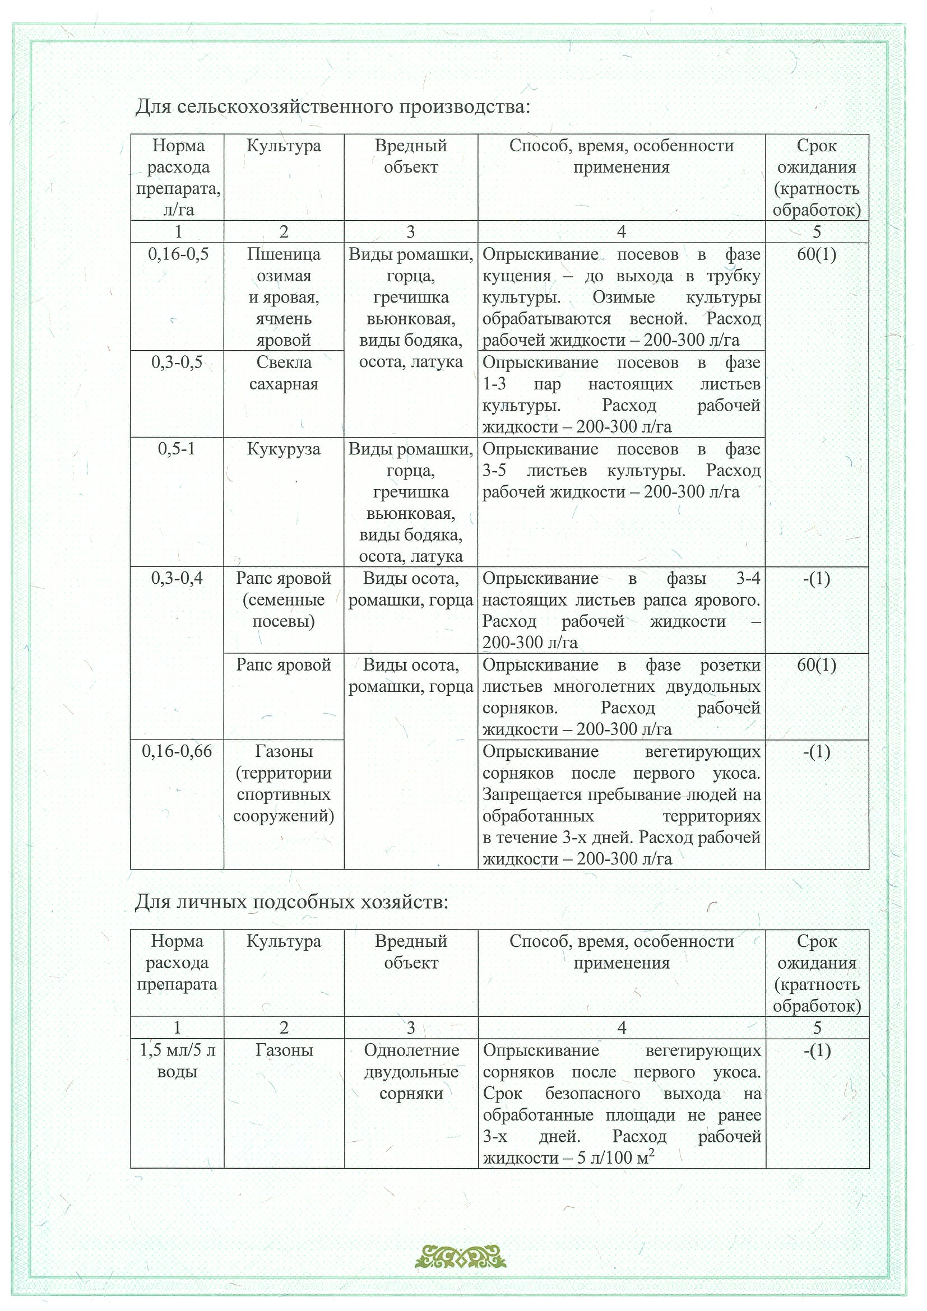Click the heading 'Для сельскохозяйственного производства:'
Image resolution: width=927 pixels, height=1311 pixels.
332,107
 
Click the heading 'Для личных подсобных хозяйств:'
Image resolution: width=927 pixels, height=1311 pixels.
291,901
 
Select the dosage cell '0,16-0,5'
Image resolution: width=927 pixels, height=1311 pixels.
178,254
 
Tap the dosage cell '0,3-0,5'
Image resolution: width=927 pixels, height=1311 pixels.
177,362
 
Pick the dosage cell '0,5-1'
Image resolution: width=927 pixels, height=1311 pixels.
177,449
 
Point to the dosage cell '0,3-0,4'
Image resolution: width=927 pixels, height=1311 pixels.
177,578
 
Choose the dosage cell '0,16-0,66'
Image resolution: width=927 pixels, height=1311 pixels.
177,751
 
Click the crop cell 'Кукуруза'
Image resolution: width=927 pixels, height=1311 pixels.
284,449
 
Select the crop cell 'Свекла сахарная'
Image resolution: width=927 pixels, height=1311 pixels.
284,373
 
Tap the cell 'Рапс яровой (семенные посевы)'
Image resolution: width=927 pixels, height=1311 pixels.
284,599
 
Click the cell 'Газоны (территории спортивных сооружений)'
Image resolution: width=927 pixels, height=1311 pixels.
284,783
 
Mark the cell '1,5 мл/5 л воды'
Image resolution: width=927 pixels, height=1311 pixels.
177,1061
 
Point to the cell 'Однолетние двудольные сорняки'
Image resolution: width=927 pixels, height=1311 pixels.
411,1072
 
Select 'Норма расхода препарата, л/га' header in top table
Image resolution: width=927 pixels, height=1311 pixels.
178,178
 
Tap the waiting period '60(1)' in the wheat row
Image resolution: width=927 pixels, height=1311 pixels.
817,254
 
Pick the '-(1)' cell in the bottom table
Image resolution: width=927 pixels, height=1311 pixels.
817,1050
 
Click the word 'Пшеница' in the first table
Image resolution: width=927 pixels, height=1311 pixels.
284,254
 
